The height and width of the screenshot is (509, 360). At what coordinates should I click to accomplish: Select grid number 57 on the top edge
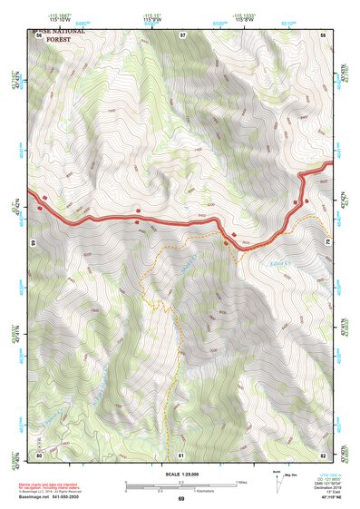point(182,35)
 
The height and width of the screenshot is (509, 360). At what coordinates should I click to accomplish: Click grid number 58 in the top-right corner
point(323,35)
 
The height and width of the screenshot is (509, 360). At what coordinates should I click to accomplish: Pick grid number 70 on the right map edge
point(326,242)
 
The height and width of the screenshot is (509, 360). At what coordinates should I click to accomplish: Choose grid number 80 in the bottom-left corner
point(39,454)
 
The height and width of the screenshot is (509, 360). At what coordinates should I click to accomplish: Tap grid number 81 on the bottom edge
point(181,454)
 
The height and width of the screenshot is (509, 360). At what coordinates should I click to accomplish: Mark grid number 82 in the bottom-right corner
point(323,454)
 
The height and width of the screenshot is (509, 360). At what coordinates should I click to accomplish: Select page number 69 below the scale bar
point(180,499)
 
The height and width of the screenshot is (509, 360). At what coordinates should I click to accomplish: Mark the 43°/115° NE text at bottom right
point(323,499)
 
